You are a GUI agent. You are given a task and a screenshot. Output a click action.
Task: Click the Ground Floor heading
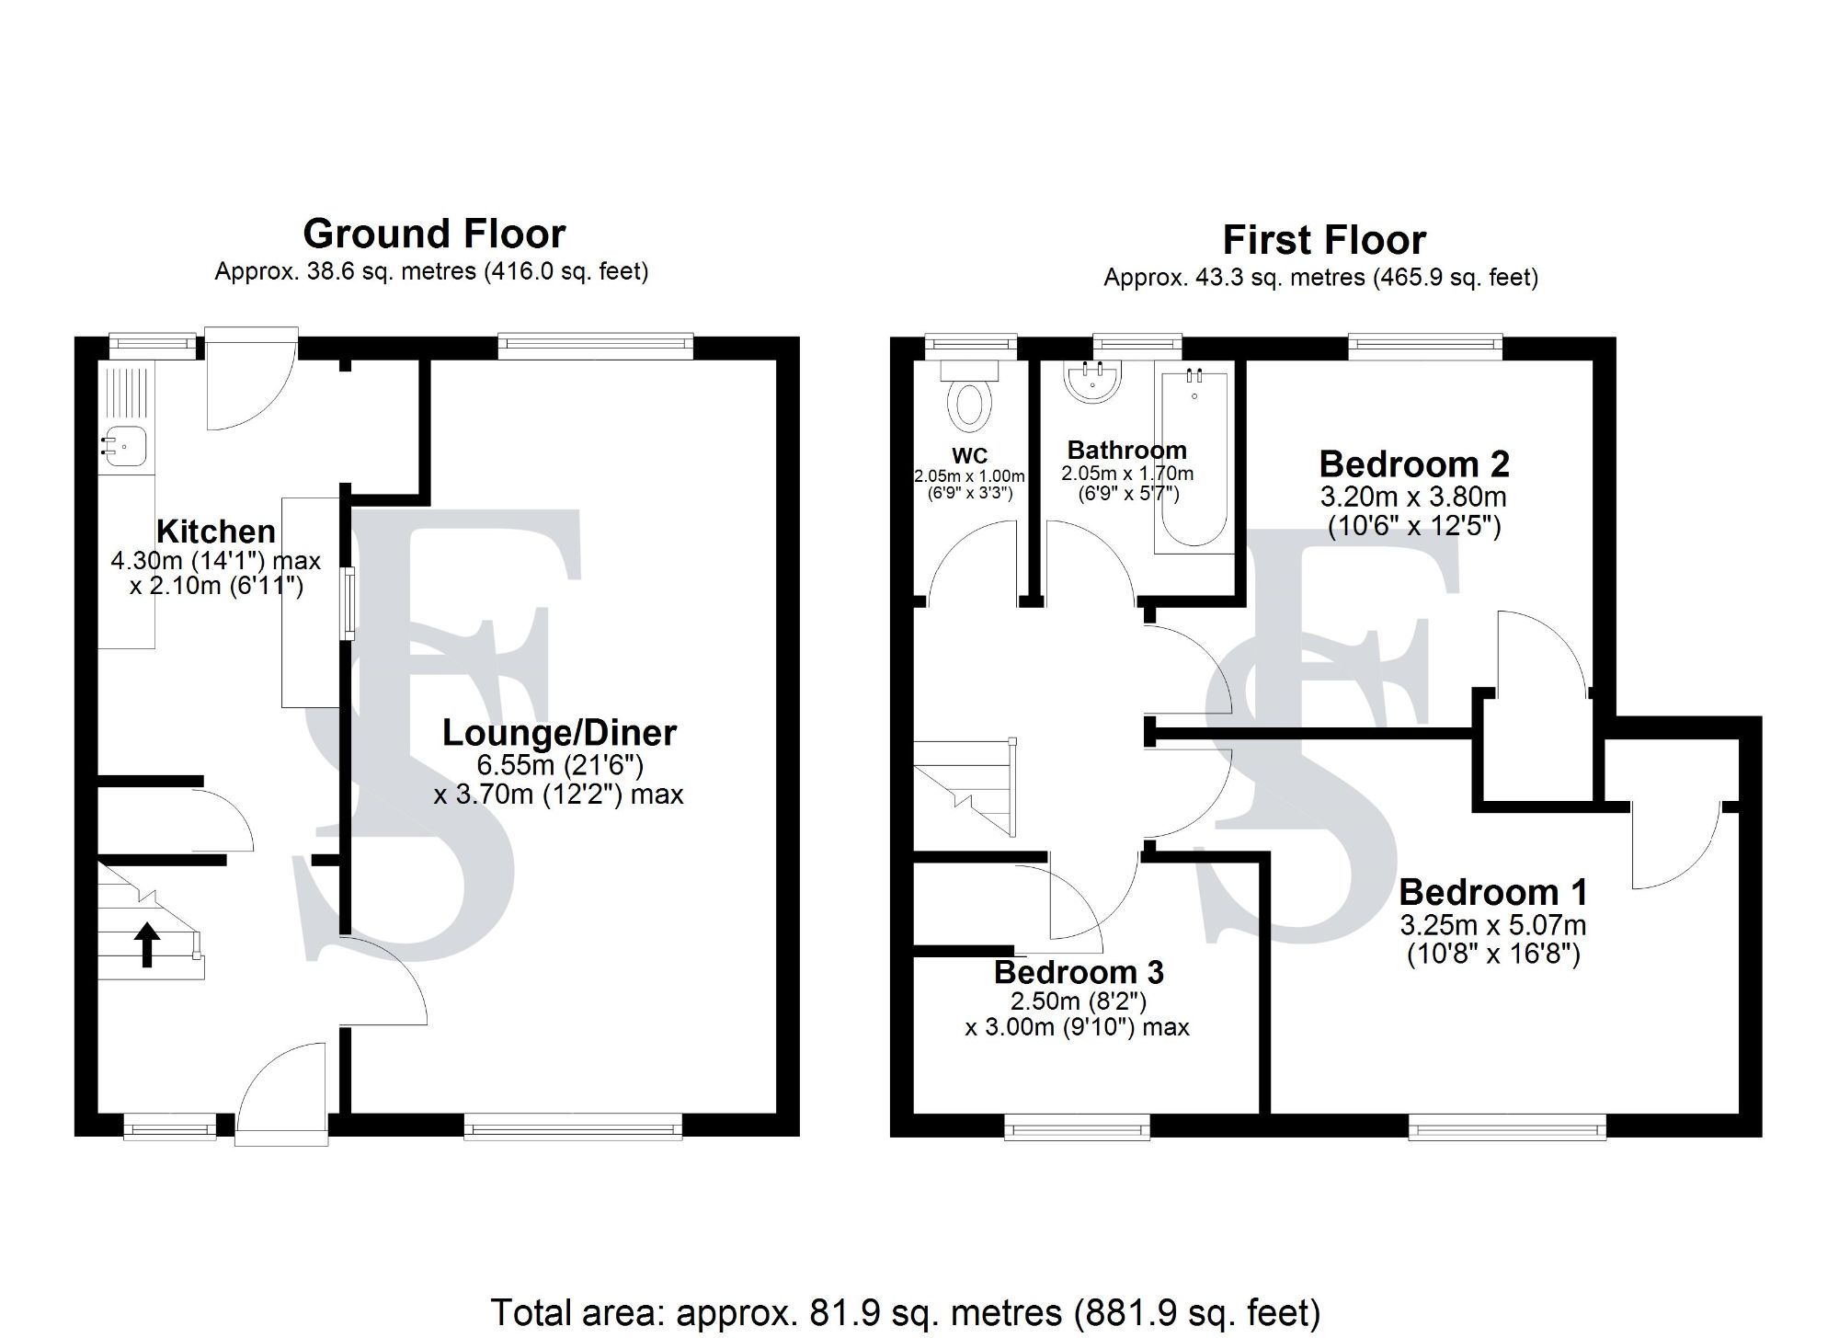(x=434, y=234)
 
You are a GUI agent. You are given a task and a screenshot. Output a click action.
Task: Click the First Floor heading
(x=1324, y=241)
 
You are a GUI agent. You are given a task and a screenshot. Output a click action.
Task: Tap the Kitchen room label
(x=216, y=532)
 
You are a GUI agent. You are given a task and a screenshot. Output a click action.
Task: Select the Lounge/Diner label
(x=559, y=733)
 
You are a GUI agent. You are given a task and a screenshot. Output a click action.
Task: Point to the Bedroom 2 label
(x=1414, y=464)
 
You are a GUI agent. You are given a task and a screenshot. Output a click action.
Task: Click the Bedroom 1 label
(x=1493, y=892)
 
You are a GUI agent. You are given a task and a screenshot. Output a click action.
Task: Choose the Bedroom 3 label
(x=1079, y=972)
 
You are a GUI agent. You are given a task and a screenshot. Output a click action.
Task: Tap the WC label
(x=969, y=455)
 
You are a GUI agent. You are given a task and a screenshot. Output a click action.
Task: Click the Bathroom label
(x=1126, y=451)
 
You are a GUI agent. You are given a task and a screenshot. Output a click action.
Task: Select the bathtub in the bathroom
(x=1194, y=460)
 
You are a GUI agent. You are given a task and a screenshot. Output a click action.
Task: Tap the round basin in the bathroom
(x=1092, y=381)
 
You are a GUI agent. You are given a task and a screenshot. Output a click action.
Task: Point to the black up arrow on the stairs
(x=147, y=944)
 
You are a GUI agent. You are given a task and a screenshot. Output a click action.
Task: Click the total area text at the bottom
(x=905, y=1312)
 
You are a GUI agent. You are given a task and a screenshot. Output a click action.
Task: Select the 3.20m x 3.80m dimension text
(x=1413, y=497)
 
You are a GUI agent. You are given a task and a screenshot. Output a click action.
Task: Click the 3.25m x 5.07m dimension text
(x=1493, y=924)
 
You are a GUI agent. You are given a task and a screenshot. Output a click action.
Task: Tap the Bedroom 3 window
(x=1077, y=1126)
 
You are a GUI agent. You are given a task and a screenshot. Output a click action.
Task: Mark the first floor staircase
(x=965, y=788)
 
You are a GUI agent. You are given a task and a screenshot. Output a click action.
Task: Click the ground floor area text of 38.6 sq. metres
(x=431, y=272)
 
